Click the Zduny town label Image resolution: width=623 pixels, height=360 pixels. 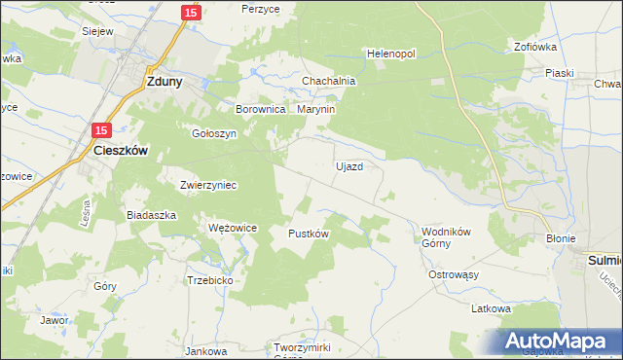tap(161, 83)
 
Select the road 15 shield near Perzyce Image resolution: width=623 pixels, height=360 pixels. tap(191, 13)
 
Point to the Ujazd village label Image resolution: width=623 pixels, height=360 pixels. tap(349, 166)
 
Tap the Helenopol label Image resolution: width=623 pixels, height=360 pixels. tap(391, 54)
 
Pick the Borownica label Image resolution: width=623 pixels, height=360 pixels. tap(260, 110)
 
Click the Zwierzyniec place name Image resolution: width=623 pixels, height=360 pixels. tap(208, 184)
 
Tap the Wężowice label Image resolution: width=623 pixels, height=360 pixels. tap(233, 228)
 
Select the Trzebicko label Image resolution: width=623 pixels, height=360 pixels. tap(209, 279)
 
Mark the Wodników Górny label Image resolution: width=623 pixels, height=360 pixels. tap(446, 237)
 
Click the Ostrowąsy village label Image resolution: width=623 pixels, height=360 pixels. tap(455, 274)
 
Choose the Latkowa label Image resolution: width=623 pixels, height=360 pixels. tap(491, 308)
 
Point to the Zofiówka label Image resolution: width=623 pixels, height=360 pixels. tap(533, 46)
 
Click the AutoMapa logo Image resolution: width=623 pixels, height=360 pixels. tap(559, 342)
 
